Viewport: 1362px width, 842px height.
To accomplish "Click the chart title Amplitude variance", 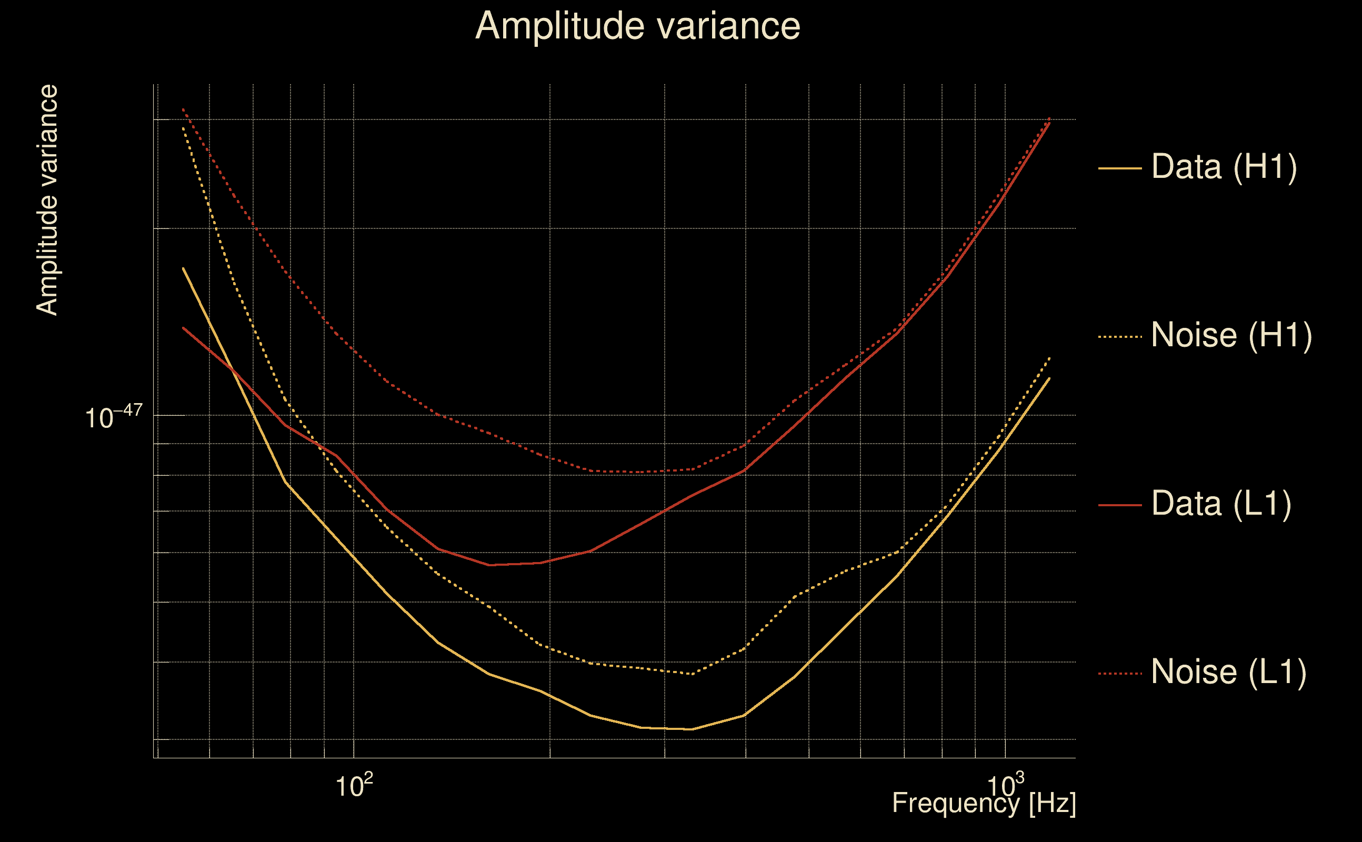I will coord(637,26).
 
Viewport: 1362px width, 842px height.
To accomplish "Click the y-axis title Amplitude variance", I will coord(47,201).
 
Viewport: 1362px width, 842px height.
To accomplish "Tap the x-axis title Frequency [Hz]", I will coord(984,803).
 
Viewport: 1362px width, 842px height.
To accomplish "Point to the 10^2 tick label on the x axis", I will coord(354,785).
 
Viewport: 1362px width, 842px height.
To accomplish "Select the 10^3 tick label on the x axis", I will coord(1005,785).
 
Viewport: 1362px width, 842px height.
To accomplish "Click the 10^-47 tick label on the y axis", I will coord(114,417).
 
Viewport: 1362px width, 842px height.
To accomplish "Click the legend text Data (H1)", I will coord(1224,166).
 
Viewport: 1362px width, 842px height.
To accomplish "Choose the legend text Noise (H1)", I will coord(1231,335).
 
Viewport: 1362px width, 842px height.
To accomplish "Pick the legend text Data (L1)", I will coord(1221,504).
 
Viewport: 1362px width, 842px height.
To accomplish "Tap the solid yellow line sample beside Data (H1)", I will coord(1120,168).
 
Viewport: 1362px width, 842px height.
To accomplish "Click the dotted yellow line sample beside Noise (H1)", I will coord(1120,336).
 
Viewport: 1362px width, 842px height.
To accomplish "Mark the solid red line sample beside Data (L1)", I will coord(1120,505).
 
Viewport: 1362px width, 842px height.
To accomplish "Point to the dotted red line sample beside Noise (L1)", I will coord(1120,673).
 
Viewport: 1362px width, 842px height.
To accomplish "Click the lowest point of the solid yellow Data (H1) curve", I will coord(691,729).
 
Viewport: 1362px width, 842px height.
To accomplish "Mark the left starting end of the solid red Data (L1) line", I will coord(183,327).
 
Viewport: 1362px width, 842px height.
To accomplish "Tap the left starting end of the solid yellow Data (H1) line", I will coord(183,268).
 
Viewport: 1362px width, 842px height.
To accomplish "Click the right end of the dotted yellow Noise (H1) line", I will coord(1049,357).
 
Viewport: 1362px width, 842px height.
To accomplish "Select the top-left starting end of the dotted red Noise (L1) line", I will coord(183,109).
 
